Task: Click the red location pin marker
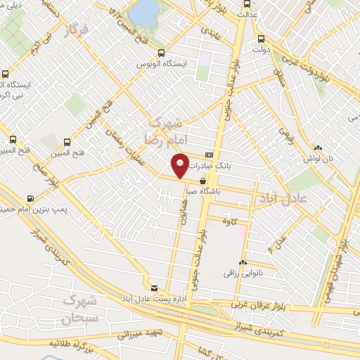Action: point(181,166)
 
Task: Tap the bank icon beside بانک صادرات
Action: point(209,155)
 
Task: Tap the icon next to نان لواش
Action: point(319,148)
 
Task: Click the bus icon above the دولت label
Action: point(261,39)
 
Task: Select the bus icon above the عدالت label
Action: point(245,3)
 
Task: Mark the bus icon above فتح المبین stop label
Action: point(67,141)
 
